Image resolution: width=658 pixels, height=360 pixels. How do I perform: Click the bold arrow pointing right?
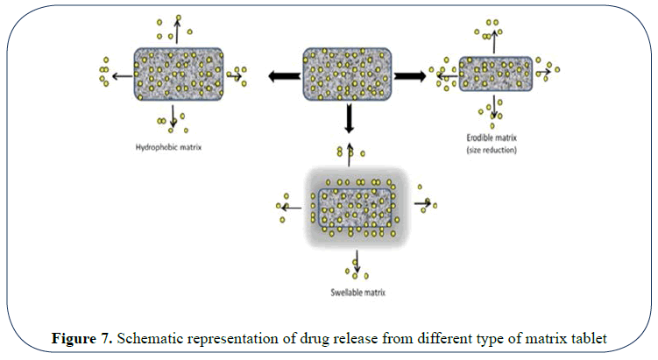[x=407, y=76]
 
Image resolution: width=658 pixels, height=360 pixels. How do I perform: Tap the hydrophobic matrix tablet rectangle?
[x=178, y=74]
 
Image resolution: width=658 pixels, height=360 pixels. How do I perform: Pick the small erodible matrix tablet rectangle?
[x=495, y=75]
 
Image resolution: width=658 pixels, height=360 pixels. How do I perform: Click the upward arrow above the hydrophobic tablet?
[x=178, y=28]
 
